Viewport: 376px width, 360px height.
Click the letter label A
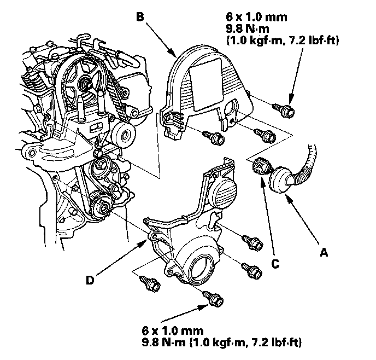coord(324,253)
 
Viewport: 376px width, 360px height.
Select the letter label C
coord(275,264)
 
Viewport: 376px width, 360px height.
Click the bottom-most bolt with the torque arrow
coord(212,298)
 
